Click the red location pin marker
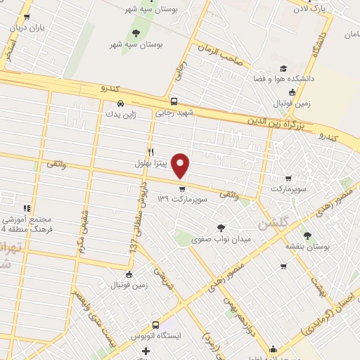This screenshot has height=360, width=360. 181,165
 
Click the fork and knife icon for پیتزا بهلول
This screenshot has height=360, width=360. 150,151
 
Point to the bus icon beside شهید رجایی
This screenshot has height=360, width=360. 174,101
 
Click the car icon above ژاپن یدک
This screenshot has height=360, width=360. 120,103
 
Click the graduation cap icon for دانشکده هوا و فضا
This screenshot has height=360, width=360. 283,69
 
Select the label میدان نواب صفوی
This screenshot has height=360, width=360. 221,239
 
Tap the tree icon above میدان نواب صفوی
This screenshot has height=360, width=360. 221,227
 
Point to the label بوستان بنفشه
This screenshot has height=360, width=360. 307,247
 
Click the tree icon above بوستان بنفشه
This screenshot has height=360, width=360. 307,235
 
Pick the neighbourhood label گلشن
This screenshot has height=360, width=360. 272,226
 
